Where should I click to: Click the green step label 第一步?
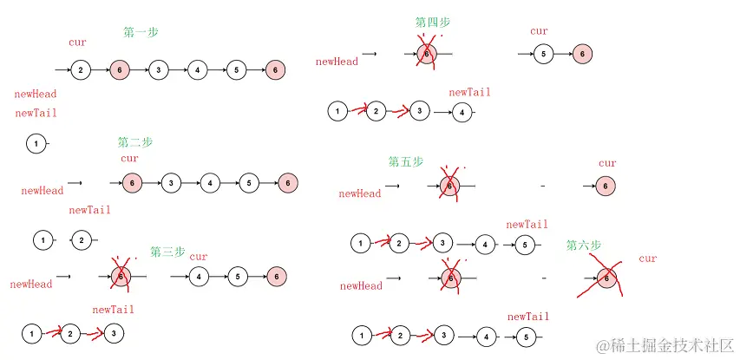(x=141, y=32)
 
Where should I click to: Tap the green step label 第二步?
(x=134, y=142)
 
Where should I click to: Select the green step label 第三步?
(x=167, y=252)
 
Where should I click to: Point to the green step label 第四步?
(x=433, y=23)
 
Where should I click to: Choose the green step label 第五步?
(x=406, y=161)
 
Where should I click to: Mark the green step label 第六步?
(x=584, y=245)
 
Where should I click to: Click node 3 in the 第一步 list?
(x=158, y=69)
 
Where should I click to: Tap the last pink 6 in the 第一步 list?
(x=275, y=69)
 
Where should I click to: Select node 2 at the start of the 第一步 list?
(x=80, y=69)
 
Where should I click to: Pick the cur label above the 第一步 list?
(x=77, y=42)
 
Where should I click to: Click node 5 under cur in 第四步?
(x=542, y=54)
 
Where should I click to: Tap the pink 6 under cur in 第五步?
(x=606, y=186)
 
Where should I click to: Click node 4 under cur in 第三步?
(x=199, y=277)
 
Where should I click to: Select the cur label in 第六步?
(x=647, y=259)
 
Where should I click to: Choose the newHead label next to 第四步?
(x=337, y=62)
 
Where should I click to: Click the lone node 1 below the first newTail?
(x=36, y=143)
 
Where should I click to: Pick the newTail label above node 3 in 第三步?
(x=113, y=309)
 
